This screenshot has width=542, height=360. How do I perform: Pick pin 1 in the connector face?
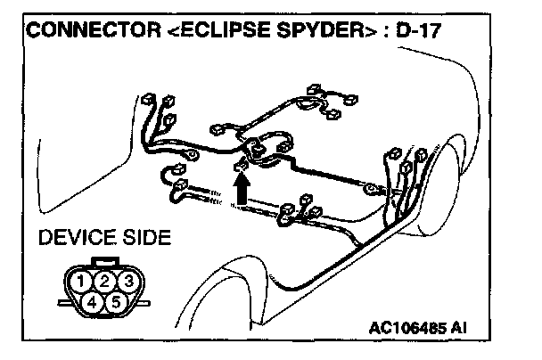(x=83, y=282)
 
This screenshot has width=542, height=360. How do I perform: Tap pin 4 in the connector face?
(x=94, y=302)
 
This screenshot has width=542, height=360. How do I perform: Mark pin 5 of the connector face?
(x=116, y=302)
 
